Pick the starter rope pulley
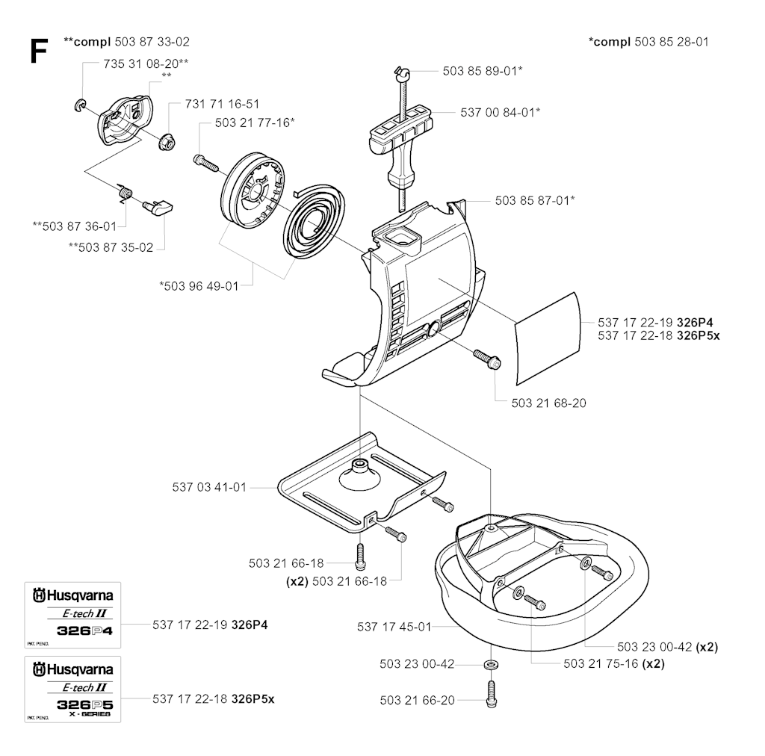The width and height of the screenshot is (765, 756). coord(253,190)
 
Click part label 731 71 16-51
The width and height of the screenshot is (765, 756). coord(222,104)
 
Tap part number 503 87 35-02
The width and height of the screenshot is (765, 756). coord(111,247)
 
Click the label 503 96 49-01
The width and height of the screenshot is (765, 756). coord(199,286)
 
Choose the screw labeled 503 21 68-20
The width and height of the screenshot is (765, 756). coord(487,359)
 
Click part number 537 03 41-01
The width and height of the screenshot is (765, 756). coord(209,487)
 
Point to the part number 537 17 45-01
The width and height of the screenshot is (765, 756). coord(394,627)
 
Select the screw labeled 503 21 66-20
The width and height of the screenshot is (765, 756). coord(492,693)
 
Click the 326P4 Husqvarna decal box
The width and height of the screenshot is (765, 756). coord(72,615)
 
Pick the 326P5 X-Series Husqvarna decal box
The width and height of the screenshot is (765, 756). coord(72,690)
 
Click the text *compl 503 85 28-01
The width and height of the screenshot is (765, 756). coord(648,42)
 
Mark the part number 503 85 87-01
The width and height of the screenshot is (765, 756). coord(535,200)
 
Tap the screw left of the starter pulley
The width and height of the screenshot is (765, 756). coord(206,162)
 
